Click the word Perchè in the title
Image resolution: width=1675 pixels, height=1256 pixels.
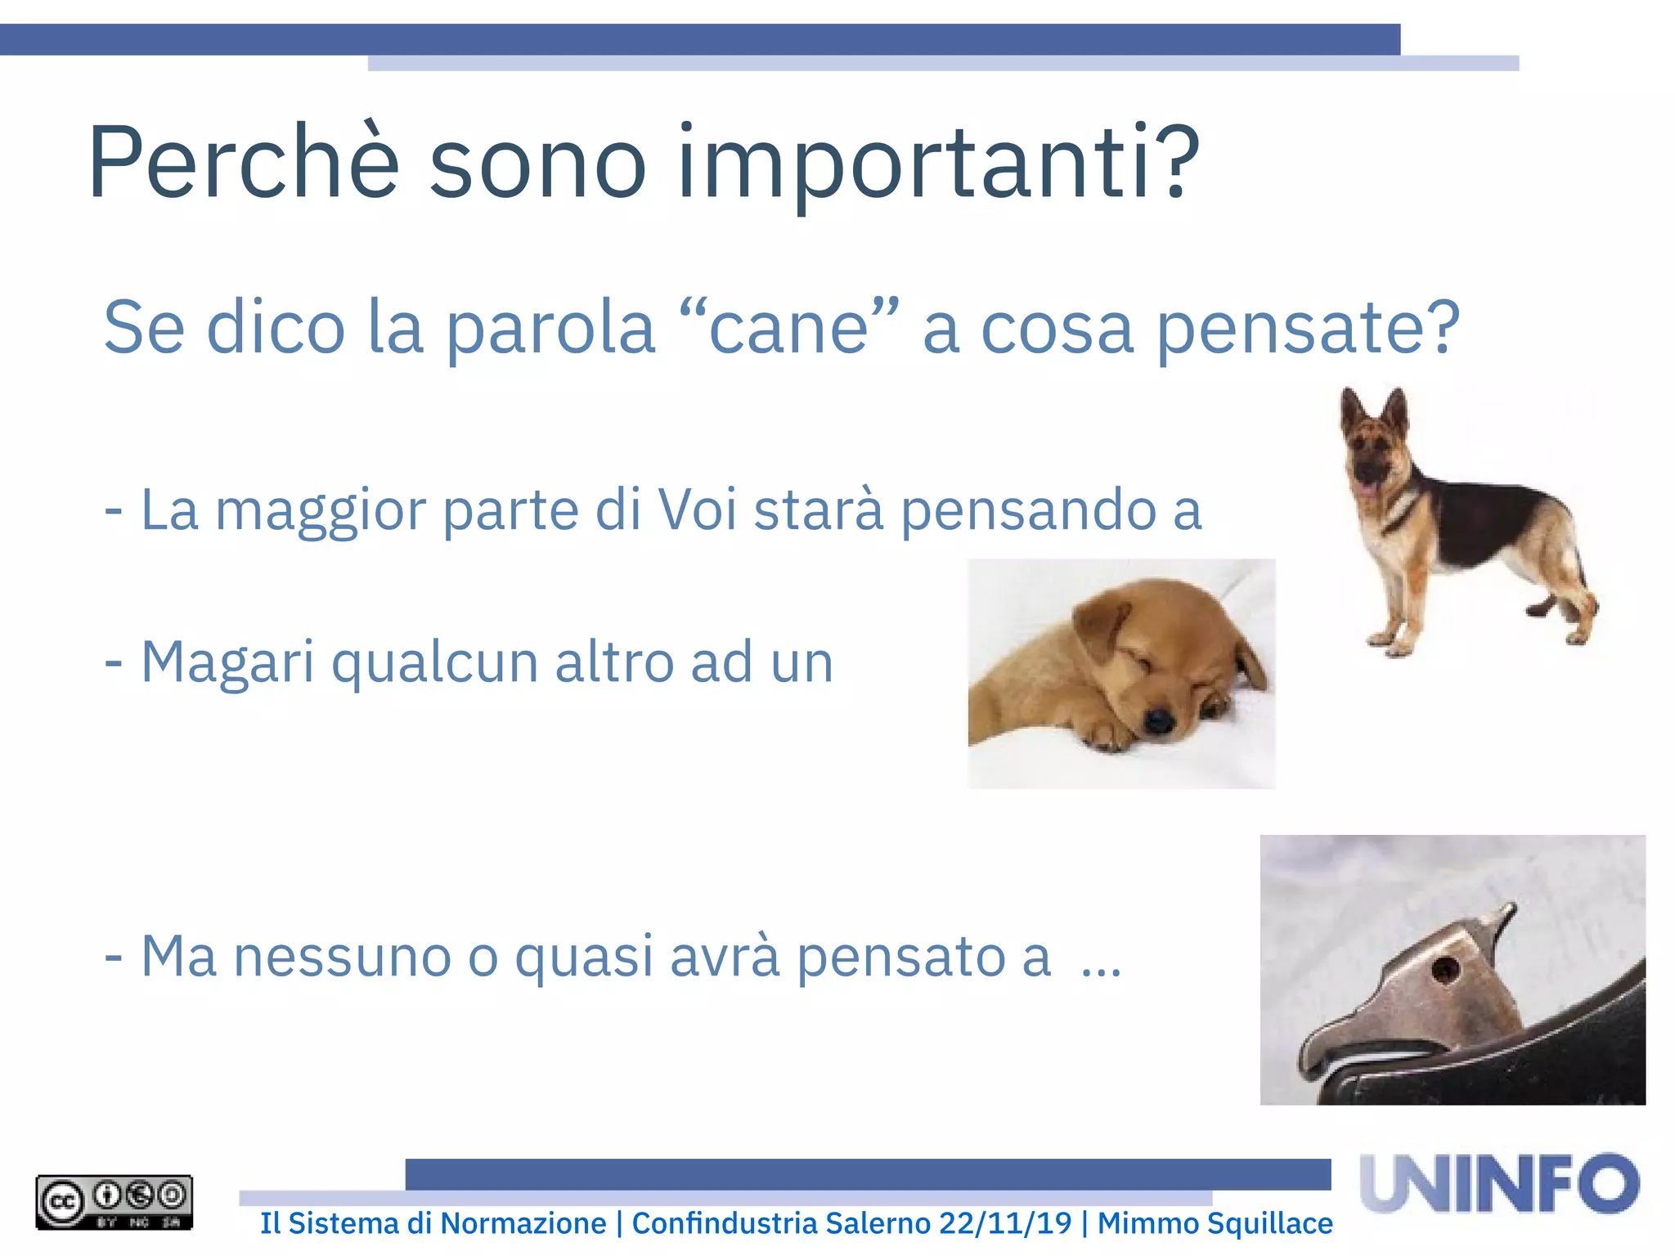click(x=243, y=162)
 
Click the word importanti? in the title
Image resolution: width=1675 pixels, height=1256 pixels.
click(x=937, y=164)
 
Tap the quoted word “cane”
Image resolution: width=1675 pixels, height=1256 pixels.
click(x=788, y=327)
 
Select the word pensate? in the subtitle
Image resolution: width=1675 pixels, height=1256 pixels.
click(x=1308, y=329)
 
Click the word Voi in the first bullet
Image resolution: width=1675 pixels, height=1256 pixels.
click(x=698, y=509)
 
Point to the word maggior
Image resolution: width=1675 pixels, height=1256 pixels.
click(x=321, y=511)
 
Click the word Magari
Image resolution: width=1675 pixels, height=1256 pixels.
click(x=227, y=662)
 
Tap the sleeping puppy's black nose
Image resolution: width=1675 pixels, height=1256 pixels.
click(x=1158, y=720)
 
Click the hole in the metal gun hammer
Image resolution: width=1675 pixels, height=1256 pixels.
click(x=1444, y=971)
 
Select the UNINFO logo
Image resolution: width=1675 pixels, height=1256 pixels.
click(x=1499, y=1183)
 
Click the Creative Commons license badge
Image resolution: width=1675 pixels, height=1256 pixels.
click(x=114, y=1202)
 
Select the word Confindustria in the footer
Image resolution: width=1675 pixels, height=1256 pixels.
click(x=724, y=1223)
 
